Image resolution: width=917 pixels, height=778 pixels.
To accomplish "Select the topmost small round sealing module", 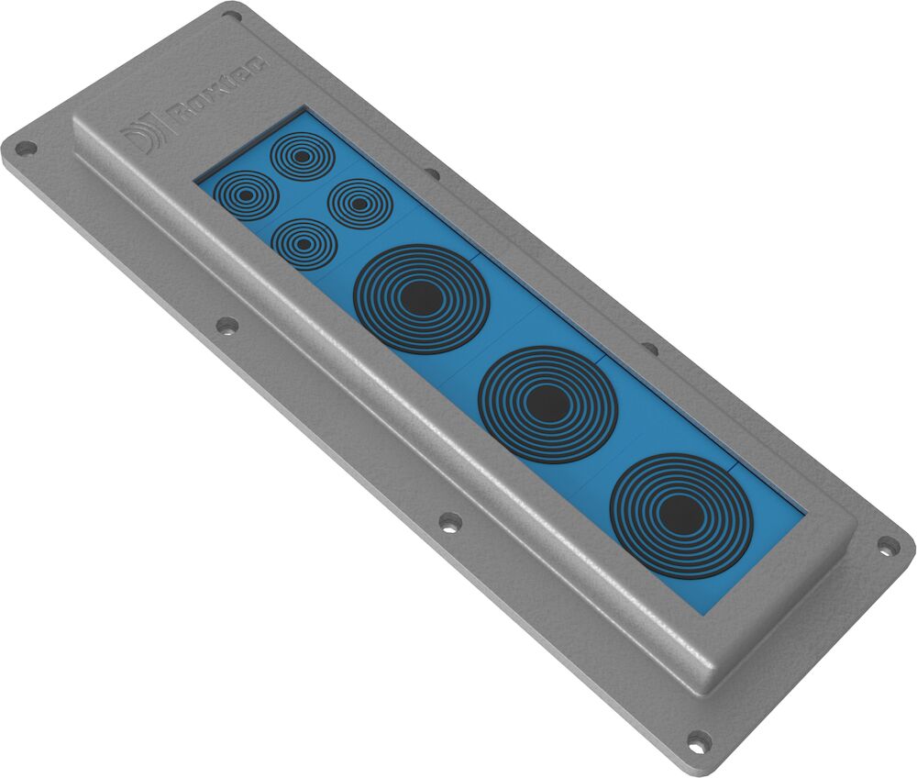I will (302, 156).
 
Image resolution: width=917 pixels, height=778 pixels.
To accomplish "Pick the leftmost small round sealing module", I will (245, 195).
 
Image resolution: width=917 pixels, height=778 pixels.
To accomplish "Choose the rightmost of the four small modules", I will (360, 204).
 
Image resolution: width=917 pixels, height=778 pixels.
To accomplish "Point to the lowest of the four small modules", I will (304, 244).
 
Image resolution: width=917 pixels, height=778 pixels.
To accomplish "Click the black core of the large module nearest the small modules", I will (422, 298).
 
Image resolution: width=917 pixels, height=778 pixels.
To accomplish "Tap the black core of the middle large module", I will (548, 404).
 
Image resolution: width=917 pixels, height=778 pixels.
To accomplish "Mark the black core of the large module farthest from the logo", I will (680, 513).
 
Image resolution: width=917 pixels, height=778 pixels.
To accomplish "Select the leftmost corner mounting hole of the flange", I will (24, 147).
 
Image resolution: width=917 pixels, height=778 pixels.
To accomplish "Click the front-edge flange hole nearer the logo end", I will (226, 325).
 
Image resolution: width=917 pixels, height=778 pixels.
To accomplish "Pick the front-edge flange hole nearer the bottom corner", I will (449, 522).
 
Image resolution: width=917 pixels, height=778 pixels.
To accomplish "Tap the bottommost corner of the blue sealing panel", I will (703, 613).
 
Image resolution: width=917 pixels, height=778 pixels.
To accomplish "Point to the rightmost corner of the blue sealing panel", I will (804, 510).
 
